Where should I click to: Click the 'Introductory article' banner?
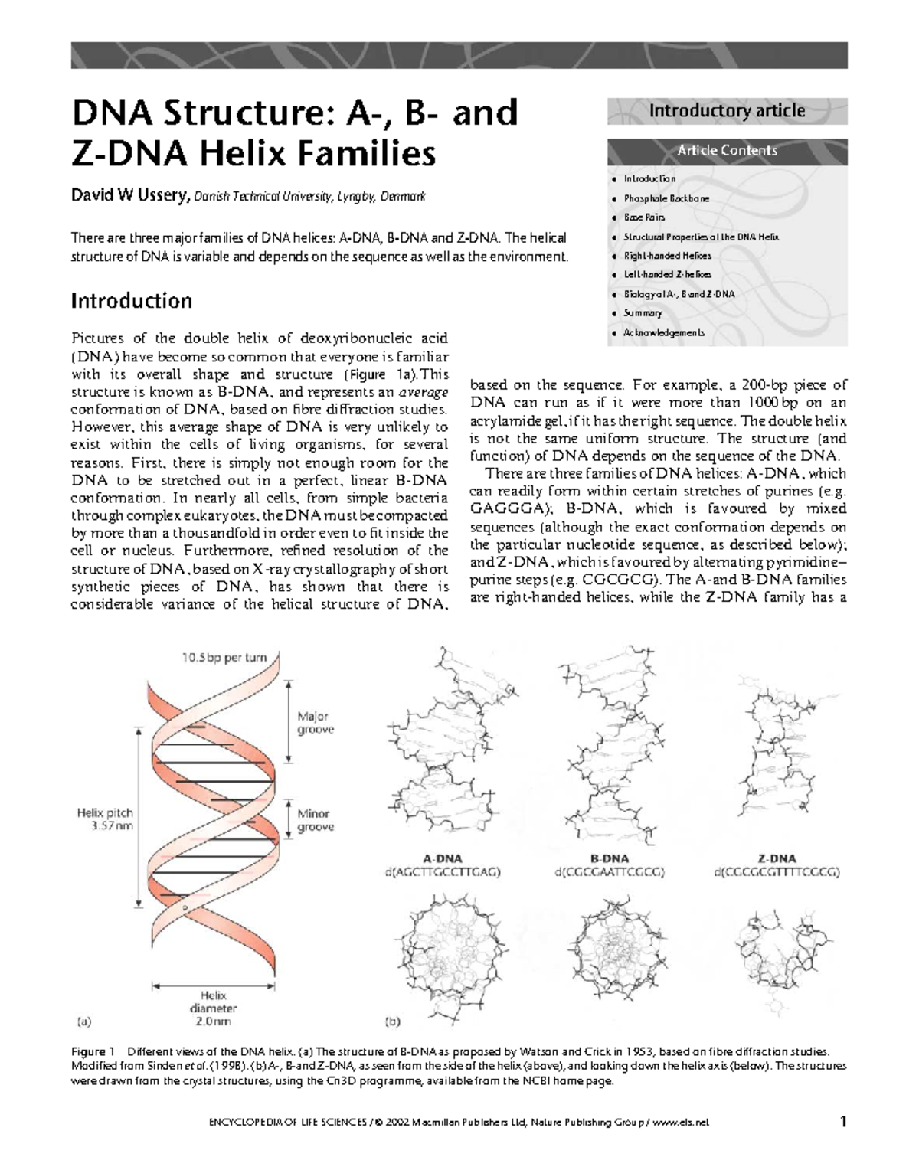pos(727,111)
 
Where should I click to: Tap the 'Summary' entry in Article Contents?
pos(643,313)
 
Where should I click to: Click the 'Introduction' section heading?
pos(131,300)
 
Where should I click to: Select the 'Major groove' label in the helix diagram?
pos(315,723)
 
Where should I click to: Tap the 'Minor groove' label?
pos(315,820)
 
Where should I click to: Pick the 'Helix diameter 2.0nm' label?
pos(214,1008)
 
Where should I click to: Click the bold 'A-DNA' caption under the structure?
pos(443,858)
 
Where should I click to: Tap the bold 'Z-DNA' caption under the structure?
pos(777,858)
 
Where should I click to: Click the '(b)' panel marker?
pos(392,1021)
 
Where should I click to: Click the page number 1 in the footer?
pos(843,1122)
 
